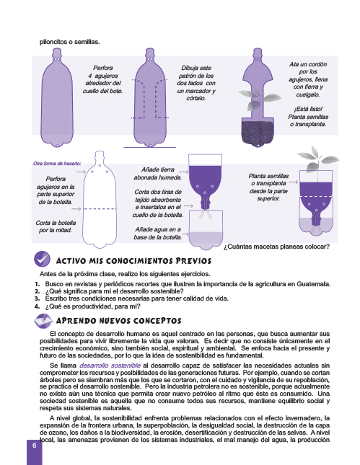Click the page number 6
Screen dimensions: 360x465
point(35,446)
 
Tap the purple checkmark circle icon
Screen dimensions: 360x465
point(42,259)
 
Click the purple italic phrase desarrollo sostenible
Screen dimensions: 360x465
point(110,366)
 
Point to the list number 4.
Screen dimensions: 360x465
point(37,306)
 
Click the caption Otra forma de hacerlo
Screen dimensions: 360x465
point(57,164)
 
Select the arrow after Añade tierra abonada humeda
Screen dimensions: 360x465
point(184,172)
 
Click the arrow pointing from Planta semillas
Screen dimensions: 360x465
point(293,182)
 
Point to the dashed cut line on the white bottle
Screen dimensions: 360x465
point(100,209)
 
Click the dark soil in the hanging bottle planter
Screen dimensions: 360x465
point(258,133)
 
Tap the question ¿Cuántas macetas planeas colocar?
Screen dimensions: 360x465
point(276,247)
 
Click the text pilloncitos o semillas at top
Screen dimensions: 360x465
point(70,42)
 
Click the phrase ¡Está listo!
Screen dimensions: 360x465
point(308,109)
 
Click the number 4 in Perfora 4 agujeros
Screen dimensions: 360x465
point(90,76)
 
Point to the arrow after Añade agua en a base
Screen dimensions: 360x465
point(185,234)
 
